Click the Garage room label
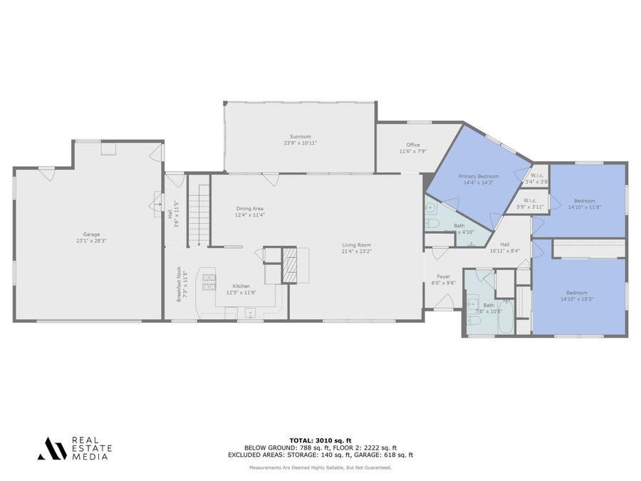coord(91,234)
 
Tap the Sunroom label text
coord(299,136)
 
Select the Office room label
coord(413,145)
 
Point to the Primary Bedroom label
coord(478,176)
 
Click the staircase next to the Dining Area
coord(199,214)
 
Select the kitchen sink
coord(250,312)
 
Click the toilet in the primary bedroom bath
coord(432,223)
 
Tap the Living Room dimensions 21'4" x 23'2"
coord(356,251)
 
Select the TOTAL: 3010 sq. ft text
coord(320,440)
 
